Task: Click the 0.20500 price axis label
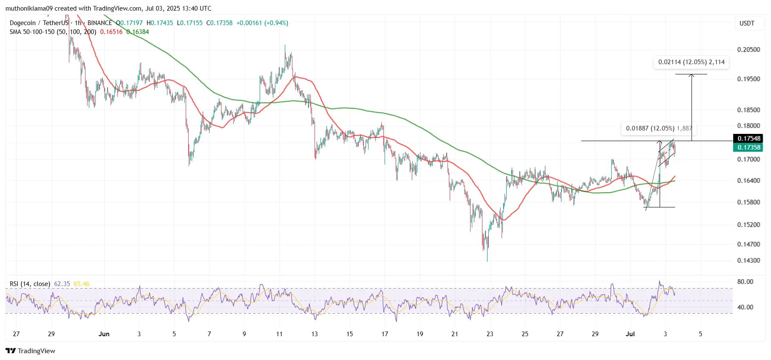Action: tap(748, 50)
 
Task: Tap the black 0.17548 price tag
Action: tap(748, 139)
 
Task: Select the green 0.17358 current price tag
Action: tap(748, 147)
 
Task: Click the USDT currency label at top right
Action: tap(747, 23)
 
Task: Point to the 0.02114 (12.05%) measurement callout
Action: tap(691, 62)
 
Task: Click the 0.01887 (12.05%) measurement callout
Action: tap(658, 128)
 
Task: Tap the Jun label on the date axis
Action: tap(104, 334)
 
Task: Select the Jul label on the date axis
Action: tap(630, 334)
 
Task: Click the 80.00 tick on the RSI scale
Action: tap(745, 282)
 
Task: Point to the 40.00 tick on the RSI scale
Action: tap(745, 307)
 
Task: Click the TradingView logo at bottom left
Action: tap(31, 351)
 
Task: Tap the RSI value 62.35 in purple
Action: tap(62, 284)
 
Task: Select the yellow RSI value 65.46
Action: tap(82, 284)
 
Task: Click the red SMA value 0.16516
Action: tap(111, 32)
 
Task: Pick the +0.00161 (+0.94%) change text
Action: tap(262, 23)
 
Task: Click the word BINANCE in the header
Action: tap(100, 23)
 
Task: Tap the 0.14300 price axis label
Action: tap(748, 261)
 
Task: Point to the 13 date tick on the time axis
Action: tap(315, 334)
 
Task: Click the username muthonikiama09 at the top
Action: tap(29, 9)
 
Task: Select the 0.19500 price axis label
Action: tap(748, 79)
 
